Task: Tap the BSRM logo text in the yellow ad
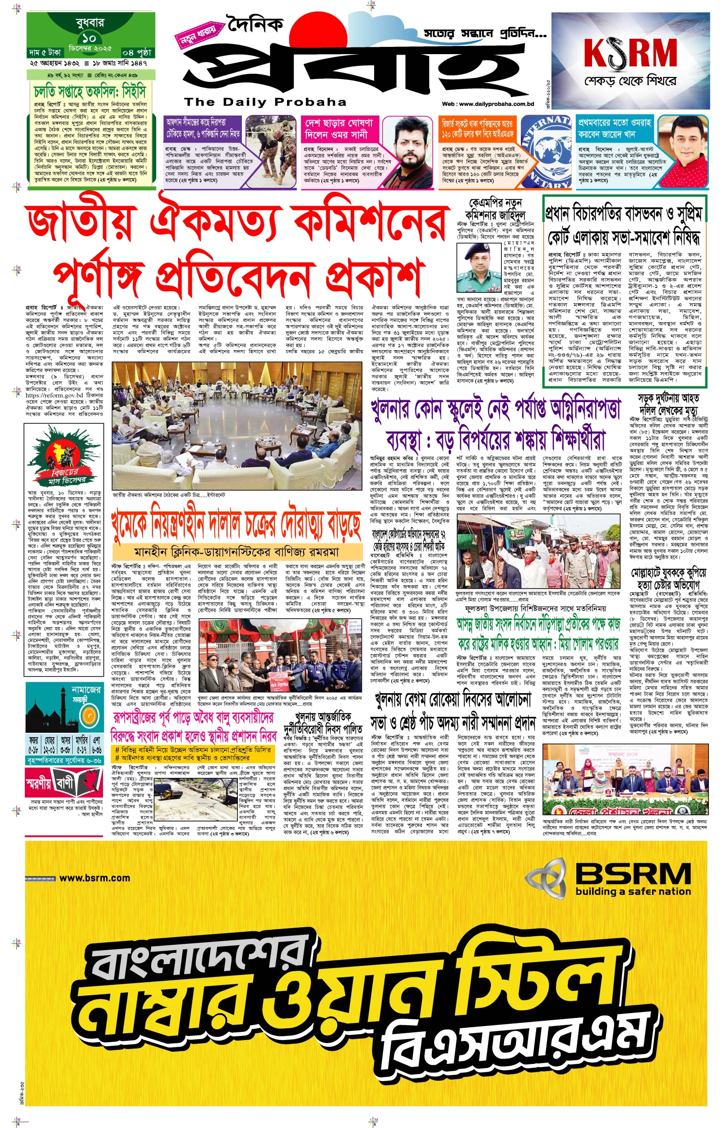tap(633, 874)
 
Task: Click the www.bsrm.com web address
tap(94, 878)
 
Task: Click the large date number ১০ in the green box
tap(88, 37)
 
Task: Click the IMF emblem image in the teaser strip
tap(546, 151)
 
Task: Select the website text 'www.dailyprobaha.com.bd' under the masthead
tap(488, 104)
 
